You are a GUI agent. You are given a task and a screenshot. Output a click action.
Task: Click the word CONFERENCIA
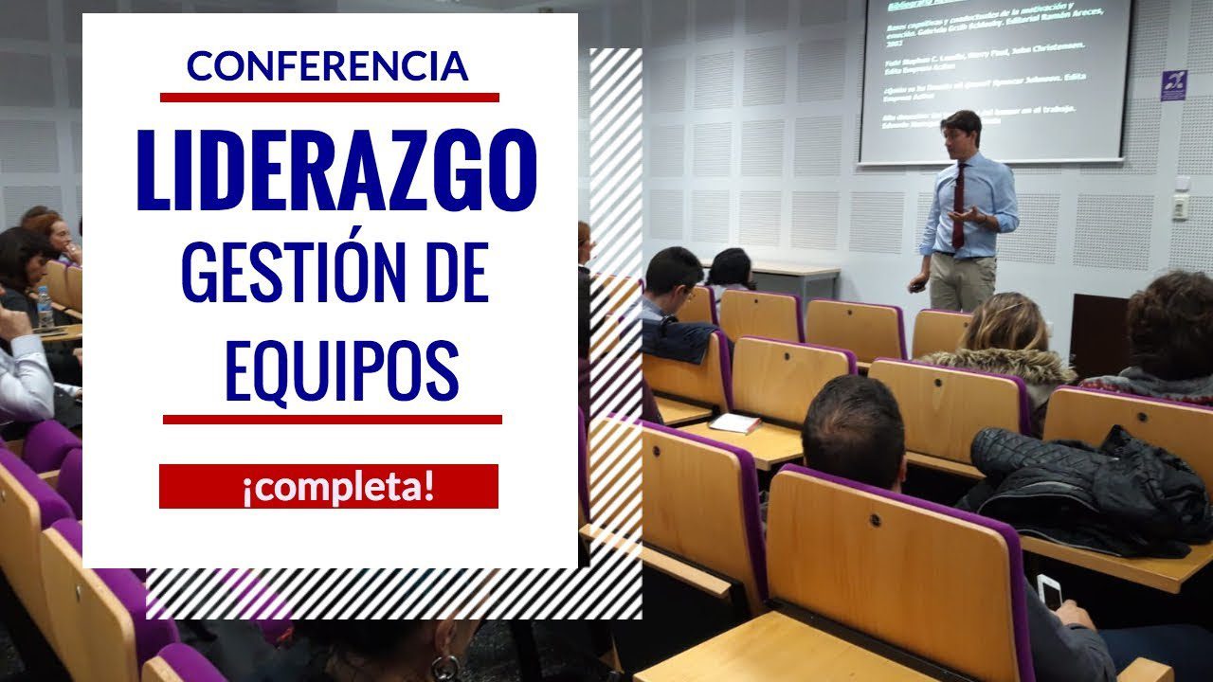[x=328, y=65]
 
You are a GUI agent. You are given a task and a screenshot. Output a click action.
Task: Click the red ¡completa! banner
[x=328, y=486]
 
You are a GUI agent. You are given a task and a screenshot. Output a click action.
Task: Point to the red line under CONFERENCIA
[x=329, y=97]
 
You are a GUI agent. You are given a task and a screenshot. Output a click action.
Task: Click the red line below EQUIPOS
[x=332, y=419]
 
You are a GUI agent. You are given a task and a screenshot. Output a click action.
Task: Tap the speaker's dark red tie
[x=959, y=204]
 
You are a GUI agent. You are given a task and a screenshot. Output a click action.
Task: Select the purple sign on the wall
[x=1173, y=85]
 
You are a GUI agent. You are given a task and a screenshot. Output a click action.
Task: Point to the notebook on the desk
[x=734, y=423]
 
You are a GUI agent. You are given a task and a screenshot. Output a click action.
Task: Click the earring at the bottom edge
[x=444, y=667]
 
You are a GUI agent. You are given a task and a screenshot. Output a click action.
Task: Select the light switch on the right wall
[x=1180, y=206]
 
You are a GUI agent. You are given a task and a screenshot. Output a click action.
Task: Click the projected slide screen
[x=995, y=76]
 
